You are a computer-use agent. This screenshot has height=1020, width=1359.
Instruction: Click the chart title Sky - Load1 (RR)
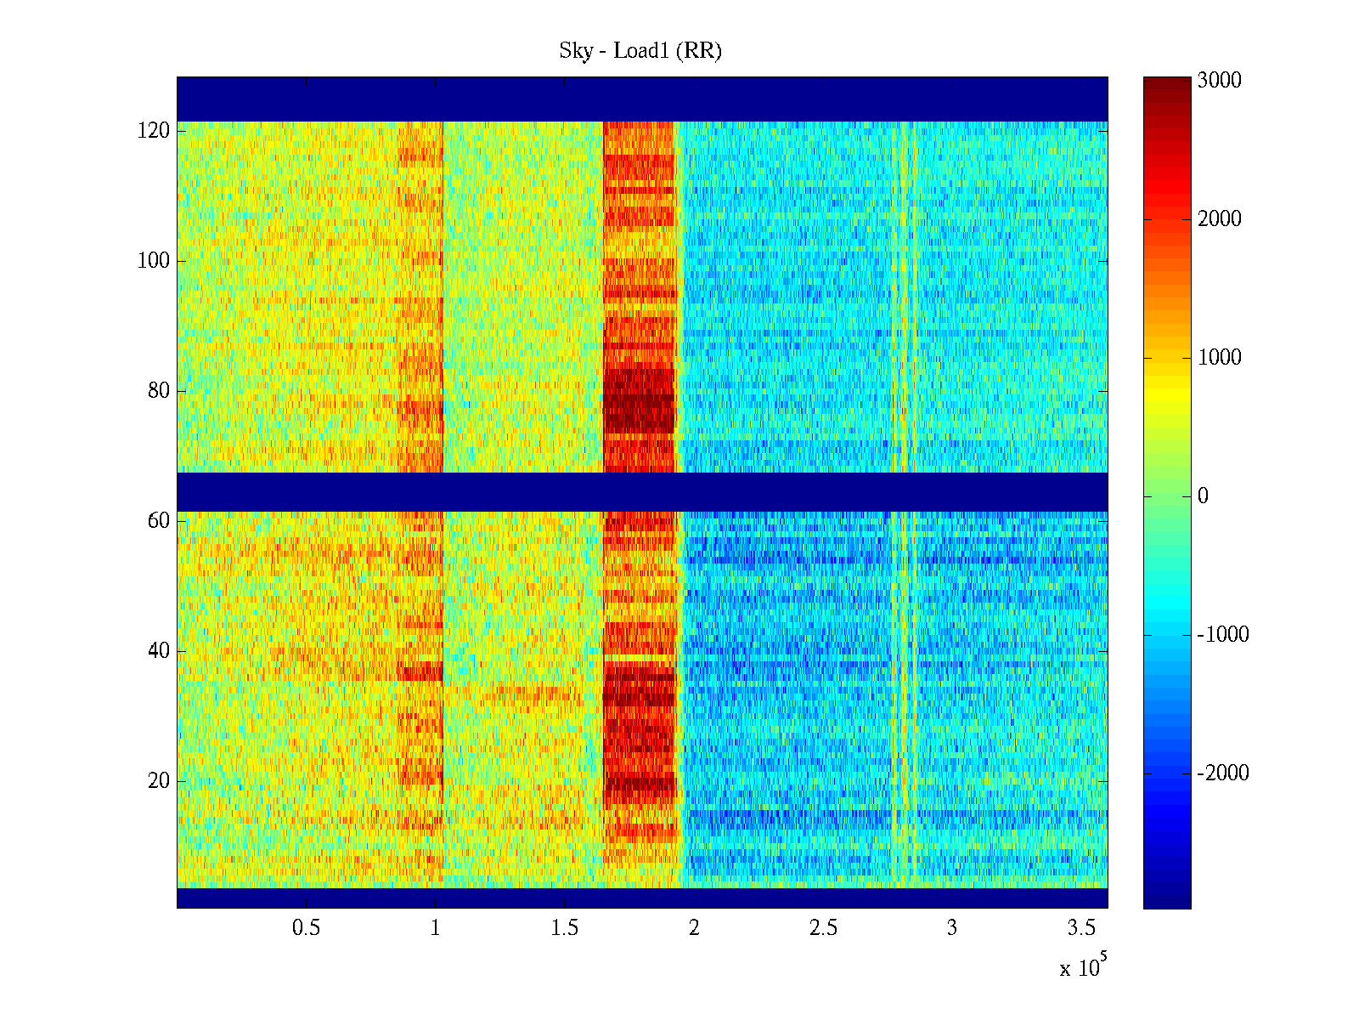point(640,51)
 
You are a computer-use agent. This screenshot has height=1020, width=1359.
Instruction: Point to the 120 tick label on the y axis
point(154,131)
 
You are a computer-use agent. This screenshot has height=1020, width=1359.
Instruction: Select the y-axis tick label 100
point(154,261)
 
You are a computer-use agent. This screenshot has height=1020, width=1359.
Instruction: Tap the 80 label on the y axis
point(159,391)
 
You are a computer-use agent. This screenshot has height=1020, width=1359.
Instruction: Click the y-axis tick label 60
point(159,521)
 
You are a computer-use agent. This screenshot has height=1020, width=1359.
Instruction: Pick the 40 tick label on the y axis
point(159,651)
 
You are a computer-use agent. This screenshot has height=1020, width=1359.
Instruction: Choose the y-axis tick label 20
point(159,781)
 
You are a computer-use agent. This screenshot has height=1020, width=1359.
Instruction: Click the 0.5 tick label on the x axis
point(306,928)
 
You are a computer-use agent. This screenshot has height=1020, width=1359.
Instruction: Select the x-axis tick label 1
point(436,928)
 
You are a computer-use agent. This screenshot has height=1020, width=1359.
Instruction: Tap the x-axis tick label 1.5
point(565,928)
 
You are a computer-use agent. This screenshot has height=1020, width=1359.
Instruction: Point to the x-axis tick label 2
point(694,928)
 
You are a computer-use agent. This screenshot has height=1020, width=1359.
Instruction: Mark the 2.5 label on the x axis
point(823,928)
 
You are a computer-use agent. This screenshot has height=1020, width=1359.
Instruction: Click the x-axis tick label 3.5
point(1082,928)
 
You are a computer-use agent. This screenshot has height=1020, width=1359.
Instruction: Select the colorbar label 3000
point(1220,81)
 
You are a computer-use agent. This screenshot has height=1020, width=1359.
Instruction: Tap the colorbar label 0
point(1203,496)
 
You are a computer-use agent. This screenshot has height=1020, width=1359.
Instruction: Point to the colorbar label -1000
point(1223,635)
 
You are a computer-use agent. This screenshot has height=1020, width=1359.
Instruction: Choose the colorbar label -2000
point(1223,773)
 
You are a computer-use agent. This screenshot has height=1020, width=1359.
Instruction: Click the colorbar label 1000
point(1220,358)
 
